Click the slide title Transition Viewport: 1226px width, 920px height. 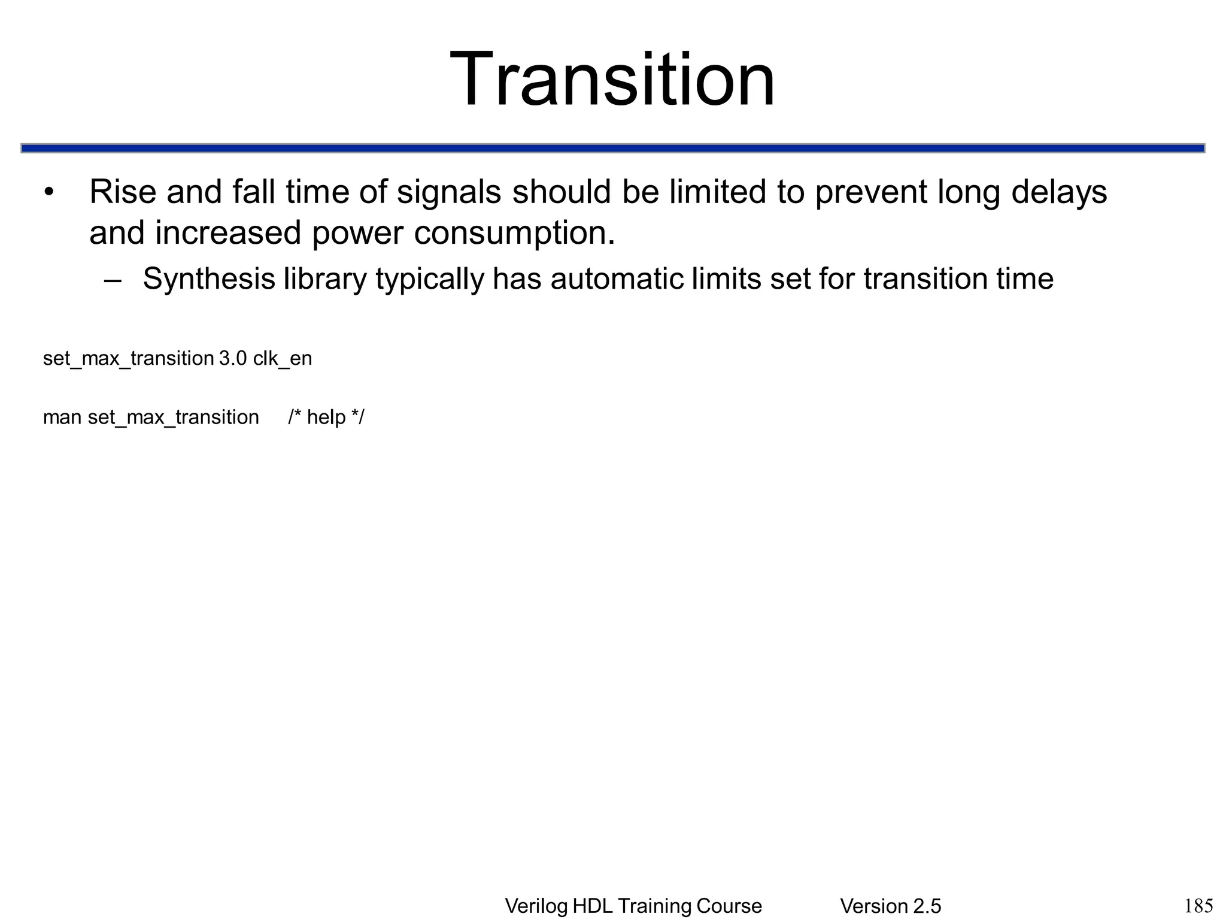tap(612, 80)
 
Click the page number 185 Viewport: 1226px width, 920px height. tap(1198, 906)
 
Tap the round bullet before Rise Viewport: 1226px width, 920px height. tap(49, 193)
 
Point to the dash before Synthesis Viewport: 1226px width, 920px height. tap(112, 280)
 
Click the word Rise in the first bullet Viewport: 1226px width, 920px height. tap(122, 192)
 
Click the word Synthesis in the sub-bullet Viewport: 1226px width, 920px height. tap(209, 279)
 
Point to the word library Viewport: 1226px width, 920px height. tap(325, 279)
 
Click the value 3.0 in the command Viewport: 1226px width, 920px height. tap(233, 359)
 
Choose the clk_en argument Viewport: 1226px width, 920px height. tap(283, 359)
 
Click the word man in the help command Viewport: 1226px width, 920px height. tap(62, 417)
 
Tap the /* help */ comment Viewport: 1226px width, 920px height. tap(326, 417)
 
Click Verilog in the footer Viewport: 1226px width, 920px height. tap(536, 906)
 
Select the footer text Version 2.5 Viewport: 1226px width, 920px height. tap(890, 906)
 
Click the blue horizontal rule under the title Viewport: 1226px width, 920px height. tap(612, 148)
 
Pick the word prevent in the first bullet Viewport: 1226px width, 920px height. tap(870, 192)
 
